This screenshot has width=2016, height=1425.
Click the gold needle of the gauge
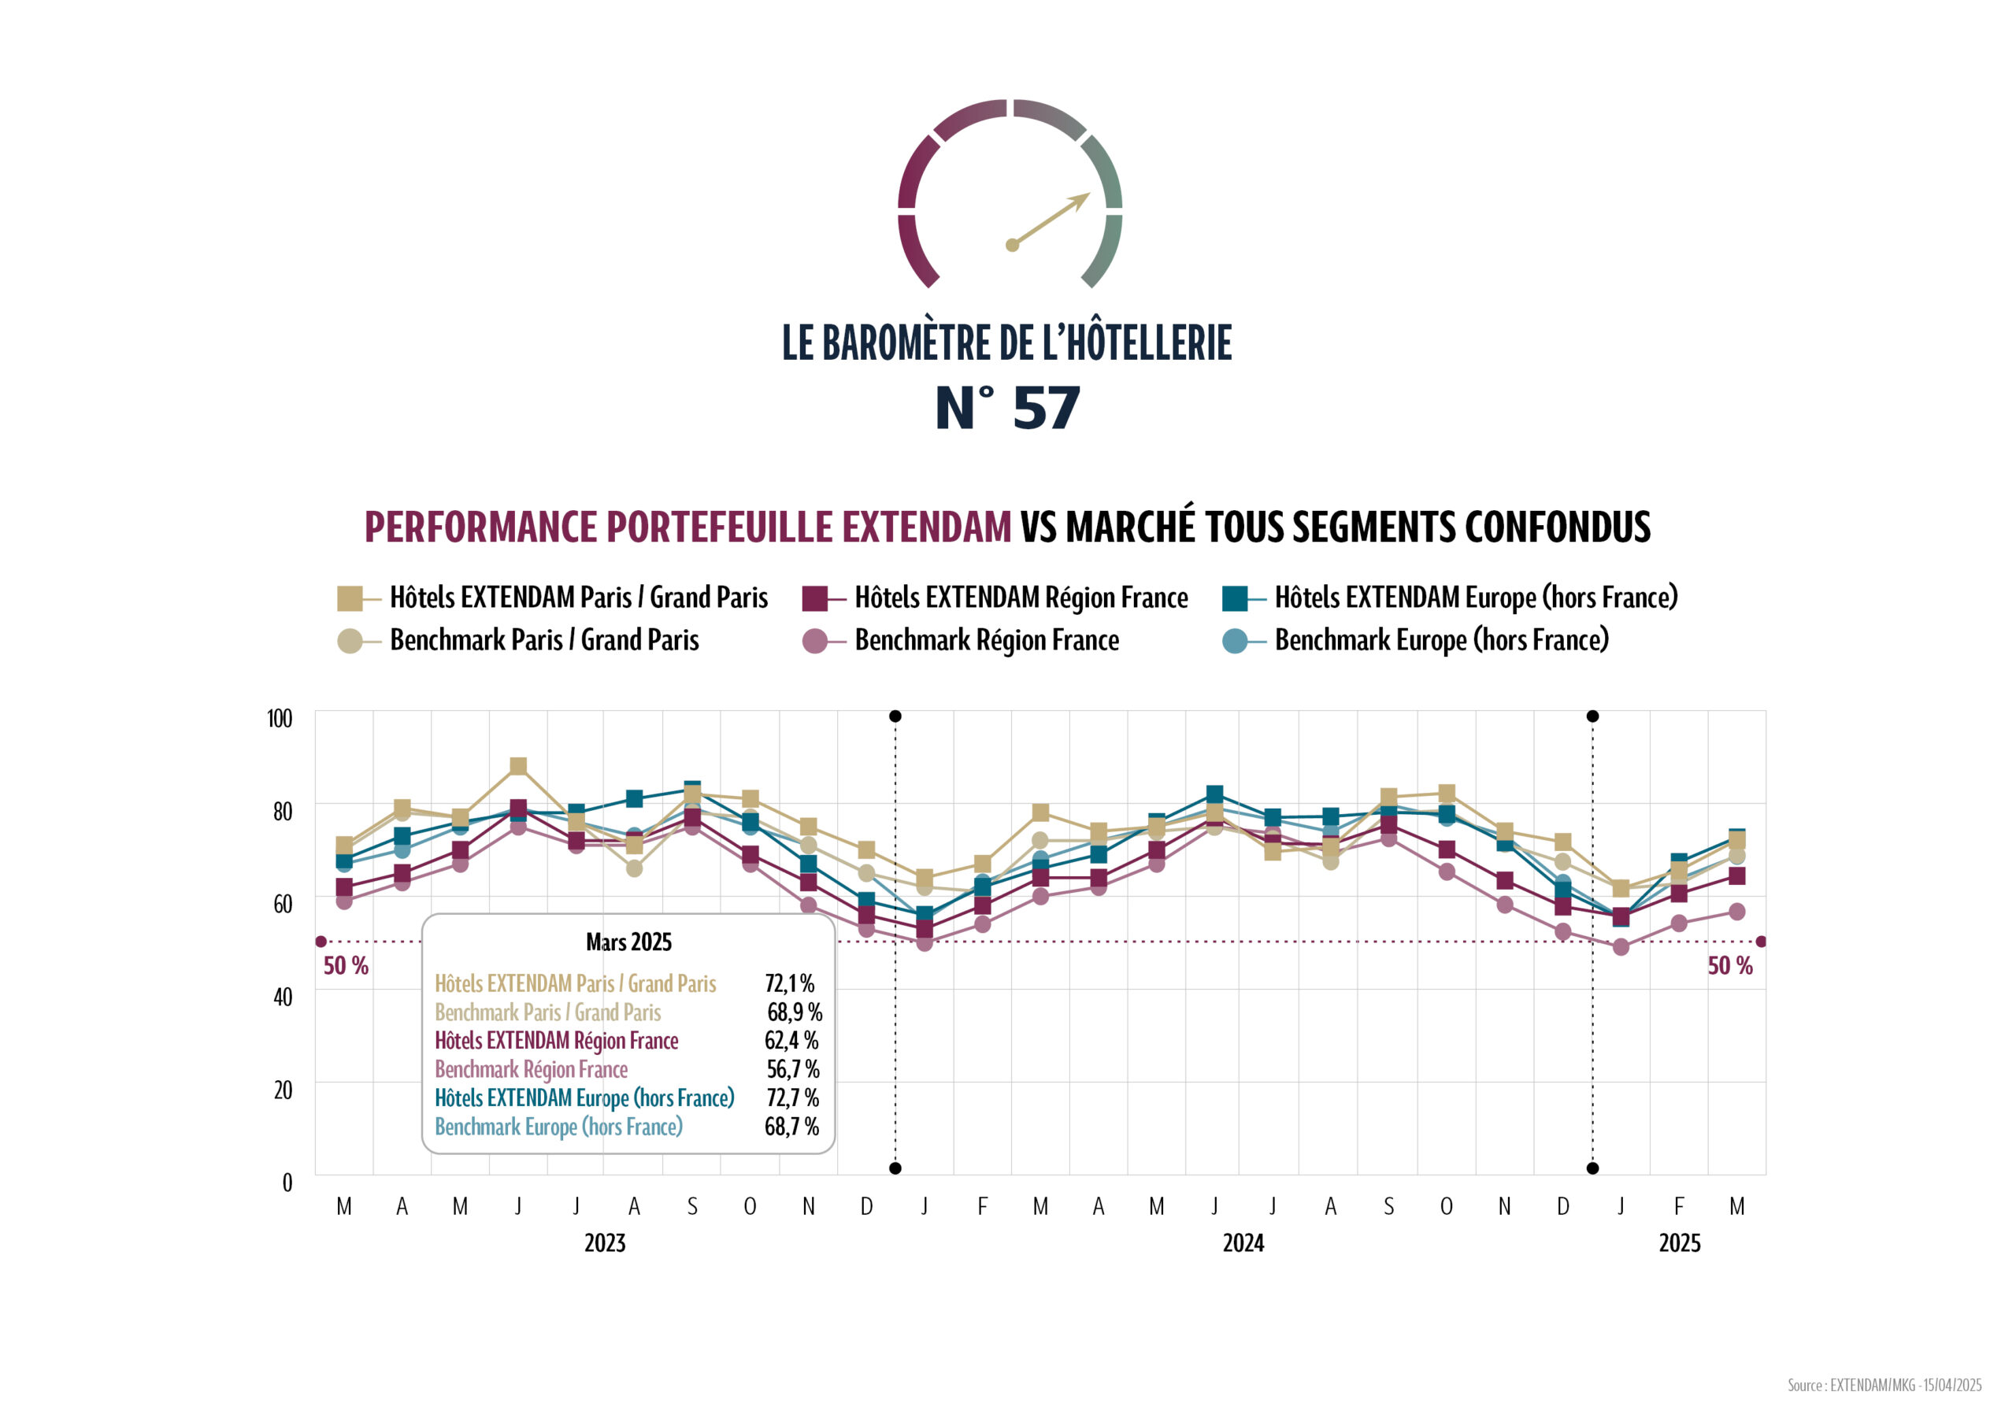tap(1051, 220)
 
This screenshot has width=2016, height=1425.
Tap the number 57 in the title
tap(1046, 409)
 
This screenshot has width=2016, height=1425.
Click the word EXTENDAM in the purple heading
tap(926, 527)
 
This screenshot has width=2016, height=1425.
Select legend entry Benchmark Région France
tap(986, 640)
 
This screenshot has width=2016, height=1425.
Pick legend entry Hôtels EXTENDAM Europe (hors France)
tap(1475, 598)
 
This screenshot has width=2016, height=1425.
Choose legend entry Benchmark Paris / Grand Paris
tap(543, 640)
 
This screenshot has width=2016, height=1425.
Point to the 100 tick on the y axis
tap(280, 719)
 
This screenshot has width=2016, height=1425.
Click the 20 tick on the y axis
tap(283, 1090)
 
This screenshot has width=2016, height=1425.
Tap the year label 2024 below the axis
tap(1243, 1243)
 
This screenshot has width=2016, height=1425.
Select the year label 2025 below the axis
tap(1679, 1243)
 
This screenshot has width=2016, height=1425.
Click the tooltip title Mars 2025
tap(628, 942)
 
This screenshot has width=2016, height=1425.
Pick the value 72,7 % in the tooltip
tap(791, 1098)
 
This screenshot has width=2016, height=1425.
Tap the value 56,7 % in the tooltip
tap(792, 1069)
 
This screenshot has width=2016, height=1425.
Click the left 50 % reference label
tap(346, 966)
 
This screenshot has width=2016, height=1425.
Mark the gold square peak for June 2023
tap(518, 767)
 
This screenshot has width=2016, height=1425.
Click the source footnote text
tap(1884, 1386)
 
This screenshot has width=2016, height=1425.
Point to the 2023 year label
tap(605, 1243)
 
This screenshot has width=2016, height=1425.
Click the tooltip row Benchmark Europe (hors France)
tap(558, 1127)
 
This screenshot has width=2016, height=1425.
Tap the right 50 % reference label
tap(1729, 966)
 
